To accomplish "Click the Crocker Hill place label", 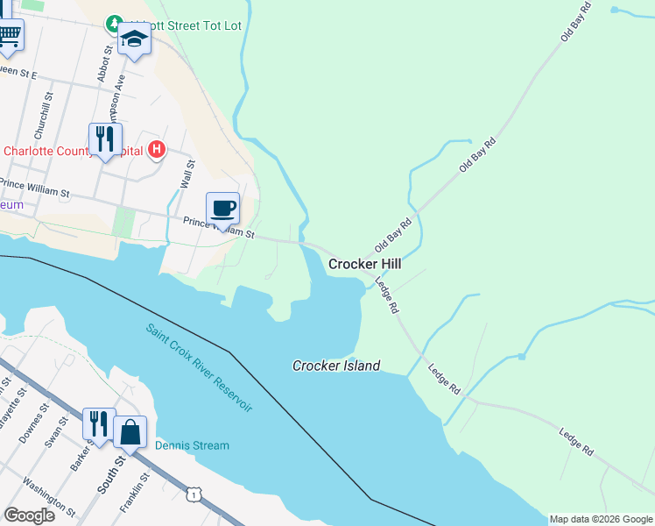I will [364, 263].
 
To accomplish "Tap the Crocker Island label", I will [336, 366].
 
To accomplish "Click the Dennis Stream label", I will [192, 445].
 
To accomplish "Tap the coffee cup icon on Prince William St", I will [222, 209].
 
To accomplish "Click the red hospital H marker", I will [156, 150].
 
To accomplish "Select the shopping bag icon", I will [130, 431].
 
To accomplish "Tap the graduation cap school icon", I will [135, 39].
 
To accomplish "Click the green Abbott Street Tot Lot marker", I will [114, 23].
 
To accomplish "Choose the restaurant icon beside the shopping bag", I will [99, 423].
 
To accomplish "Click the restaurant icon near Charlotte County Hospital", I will [104, 139].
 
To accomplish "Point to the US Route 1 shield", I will [192, 496].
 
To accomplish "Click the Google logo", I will [29, 515].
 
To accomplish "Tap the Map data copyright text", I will [600, 519].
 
